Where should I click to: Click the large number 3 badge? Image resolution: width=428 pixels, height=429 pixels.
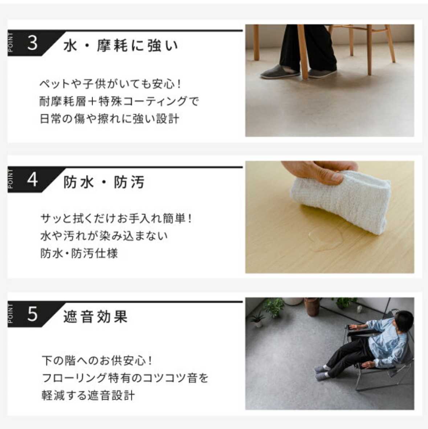coord(32,43)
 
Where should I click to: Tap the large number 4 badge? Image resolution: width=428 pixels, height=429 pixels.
coord(32,180)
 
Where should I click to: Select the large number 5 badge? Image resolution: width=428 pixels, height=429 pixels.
coord(32,314)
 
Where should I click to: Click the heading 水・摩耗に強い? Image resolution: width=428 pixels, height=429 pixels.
coord(121,45)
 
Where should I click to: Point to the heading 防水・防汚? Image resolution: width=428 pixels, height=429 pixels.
coord(104,182)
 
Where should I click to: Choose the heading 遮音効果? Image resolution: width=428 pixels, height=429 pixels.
coord(95,317)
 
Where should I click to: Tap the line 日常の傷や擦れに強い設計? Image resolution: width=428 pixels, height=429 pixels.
coord(110,119)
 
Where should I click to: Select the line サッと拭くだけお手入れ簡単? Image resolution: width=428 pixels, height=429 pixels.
coord(116,219)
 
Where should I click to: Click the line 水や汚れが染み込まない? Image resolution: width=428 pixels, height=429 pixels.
coord(104,236)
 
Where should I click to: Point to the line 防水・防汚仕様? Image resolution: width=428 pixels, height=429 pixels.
coord(79,253)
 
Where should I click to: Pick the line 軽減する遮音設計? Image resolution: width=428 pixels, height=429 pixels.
coord(88,395)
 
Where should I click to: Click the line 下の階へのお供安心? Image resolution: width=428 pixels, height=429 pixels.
coord(97,360)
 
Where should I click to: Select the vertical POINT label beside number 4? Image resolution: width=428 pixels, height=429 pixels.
coord(11,179)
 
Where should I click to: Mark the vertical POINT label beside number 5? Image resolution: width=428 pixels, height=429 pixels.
coord(11,314)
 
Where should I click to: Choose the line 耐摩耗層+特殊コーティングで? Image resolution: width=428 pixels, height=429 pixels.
coord(119,102)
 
